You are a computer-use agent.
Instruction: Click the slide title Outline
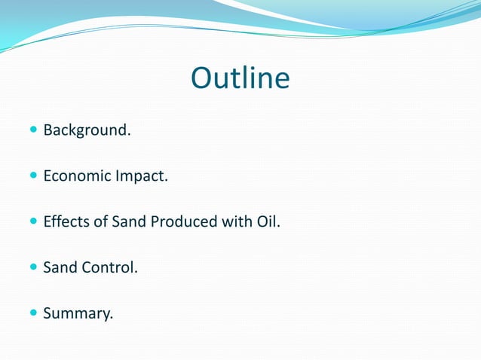tap(240, 78)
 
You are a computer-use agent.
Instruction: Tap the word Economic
tap(77, 177)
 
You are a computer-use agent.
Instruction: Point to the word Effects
tap(65, 222)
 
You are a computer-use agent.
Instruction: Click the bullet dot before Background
tap(32, 130)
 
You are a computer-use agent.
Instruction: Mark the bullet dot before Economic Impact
tap(32, 176)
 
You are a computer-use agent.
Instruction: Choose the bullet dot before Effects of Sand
tap(32, 221)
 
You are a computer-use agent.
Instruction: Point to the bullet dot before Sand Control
tap(32, 267)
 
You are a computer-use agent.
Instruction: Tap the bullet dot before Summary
tap(32, 312)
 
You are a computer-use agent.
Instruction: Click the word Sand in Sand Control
tap(59, 267)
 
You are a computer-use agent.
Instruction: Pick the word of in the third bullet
tap(100, 222)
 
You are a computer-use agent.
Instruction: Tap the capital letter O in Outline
tap(203, 78)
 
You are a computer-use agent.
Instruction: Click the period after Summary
tap(112, 317)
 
